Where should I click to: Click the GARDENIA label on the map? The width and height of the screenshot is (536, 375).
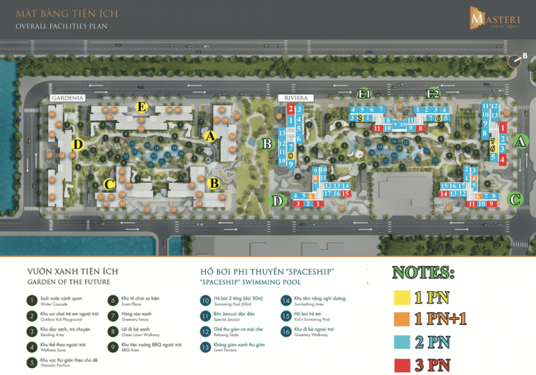tap(68, 98)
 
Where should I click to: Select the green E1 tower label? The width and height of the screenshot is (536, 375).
tap(364, 94)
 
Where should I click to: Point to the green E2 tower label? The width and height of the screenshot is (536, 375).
tap(433, 94)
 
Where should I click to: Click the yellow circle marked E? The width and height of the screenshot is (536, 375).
tap(142, 107)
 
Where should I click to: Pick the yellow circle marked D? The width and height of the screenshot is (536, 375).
tap(77, 145)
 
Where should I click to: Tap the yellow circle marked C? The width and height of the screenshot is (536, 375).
tap(109, 184)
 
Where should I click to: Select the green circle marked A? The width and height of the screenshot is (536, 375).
tap(518, 141)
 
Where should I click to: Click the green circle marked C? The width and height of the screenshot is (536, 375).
tap(515, 199)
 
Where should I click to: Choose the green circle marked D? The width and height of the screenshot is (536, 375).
tap(277, 201)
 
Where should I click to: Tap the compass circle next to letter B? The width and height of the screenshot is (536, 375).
tap(515, 61)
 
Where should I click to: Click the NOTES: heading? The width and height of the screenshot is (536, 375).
tap(423, 272)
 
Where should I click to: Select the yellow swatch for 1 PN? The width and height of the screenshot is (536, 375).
tap(403, 297)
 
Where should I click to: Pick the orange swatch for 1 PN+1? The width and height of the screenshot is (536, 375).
tap(403, 319)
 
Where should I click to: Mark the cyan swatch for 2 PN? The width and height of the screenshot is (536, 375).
tap(403, 341)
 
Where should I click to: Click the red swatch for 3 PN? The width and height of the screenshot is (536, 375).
tap(403, 364)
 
